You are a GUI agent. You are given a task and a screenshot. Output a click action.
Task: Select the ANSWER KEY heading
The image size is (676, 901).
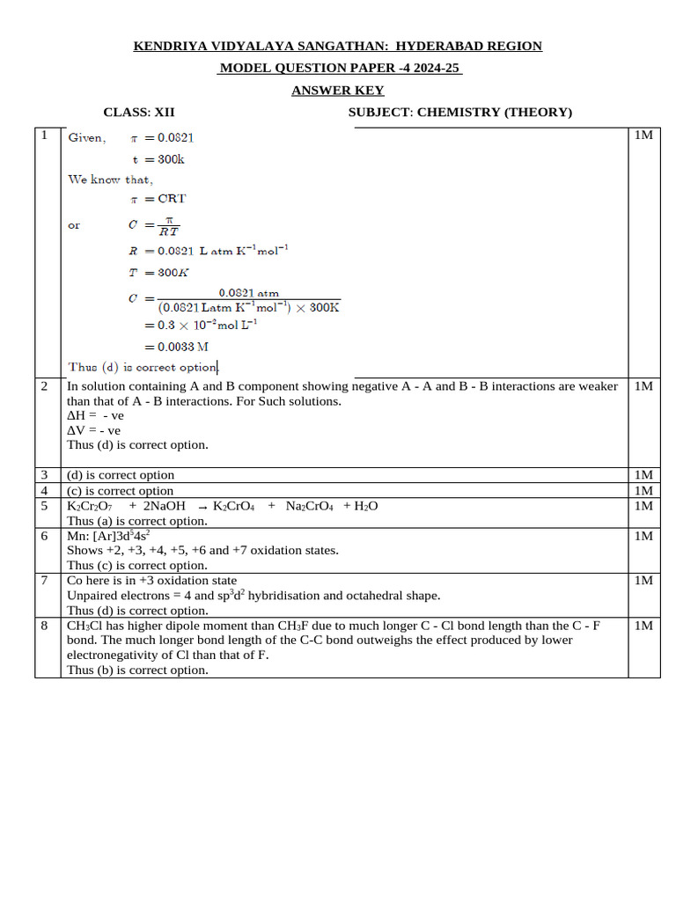338,91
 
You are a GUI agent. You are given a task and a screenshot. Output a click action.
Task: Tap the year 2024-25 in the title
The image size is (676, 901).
432,69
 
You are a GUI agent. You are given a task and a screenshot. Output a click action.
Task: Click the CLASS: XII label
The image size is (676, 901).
139,112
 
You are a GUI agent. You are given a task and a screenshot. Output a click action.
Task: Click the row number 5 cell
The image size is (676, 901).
44,506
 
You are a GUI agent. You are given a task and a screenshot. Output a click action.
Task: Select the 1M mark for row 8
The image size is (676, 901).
643,626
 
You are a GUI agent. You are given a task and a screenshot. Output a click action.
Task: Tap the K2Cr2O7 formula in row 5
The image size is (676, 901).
90,506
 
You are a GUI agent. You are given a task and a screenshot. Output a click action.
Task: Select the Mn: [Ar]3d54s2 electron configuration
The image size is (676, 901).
109,535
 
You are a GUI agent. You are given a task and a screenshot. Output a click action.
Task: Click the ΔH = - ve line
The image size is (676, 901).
96,415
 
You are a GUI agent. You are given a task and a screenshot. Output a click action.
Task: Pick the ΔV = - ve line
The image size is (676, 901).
94,430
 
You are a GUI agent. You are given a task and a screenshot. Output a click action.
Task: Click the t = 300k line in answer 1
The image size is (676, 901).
158,159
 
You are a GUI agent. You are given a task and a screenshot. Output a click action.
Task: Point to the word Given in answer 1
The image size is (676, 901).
86,138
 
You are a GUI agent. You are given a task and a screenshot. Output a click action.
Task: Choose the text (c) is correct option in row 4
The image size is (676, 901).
121,491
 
